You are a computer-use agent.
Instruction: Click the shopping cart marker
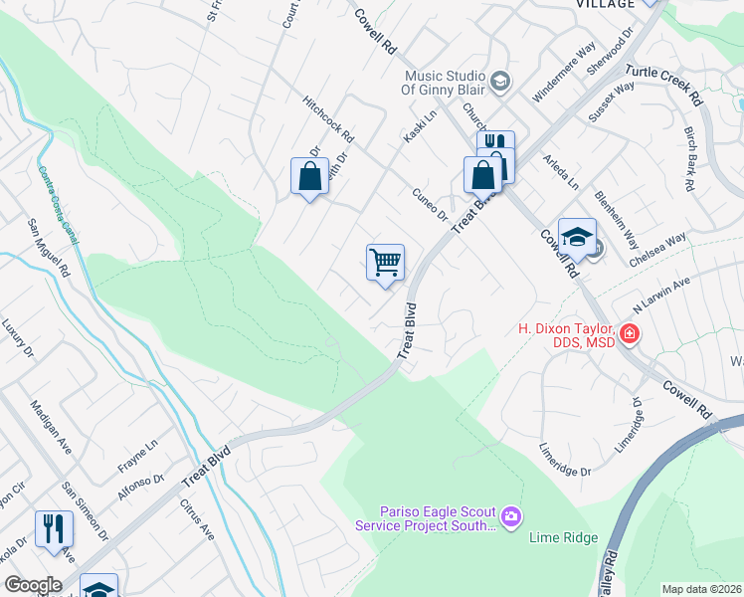[x=385, y=263]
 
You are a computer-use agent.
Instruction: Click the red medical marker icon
[x=629, y=334]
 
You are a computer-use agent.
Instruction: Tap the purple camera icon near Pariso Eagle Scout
[x=511, y=515]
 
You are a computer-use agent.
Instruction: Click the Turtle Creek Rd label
[x=663, y=86]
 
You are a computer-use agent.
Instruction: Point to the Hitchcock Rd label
[x=329, y=118]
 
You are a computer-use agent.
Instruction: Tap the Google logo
[x=32, y=585]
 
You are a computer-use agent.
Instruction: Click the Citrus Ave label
[x=196, y=518]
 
